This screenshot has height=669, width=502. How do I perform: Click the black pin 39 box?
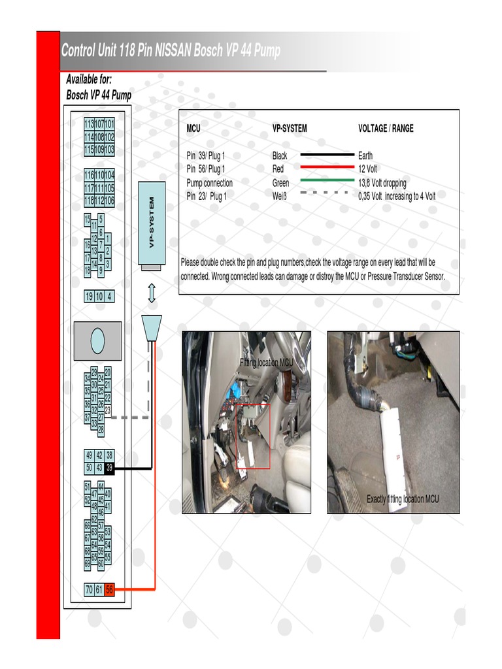point(110,468)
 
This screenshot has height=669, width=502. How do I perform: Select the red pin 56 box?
point(110,589)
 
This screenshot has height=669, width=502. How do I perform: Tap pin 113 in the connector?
point(89,124)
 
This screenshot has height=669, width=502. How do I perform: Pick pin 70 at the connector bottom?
point(89,589)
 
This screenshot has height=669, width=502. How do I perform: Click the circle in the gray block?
point(97,340)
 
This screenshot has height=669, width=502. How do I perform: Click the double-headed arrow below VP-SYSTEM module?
point(152,293)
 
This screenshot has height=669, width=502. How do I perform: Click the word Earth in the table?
point(365,156)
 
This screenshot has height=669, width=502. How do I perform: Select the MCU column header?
point(193,129)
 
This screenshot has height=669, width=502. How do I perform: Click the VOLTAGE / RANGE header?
point(386,129)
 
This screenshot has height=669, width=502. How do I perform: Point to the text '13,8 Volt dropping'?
point(382,184)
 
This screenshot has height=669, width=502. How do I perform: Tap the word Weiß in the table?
point(280,196)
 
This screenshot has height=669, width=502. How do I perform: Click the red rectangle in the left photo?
point(252,436)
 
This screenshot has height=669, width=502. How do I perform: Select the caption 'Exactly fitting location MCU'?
point(403,499)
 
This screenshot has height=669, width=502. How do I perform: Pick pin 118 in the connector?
point(89,200)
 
